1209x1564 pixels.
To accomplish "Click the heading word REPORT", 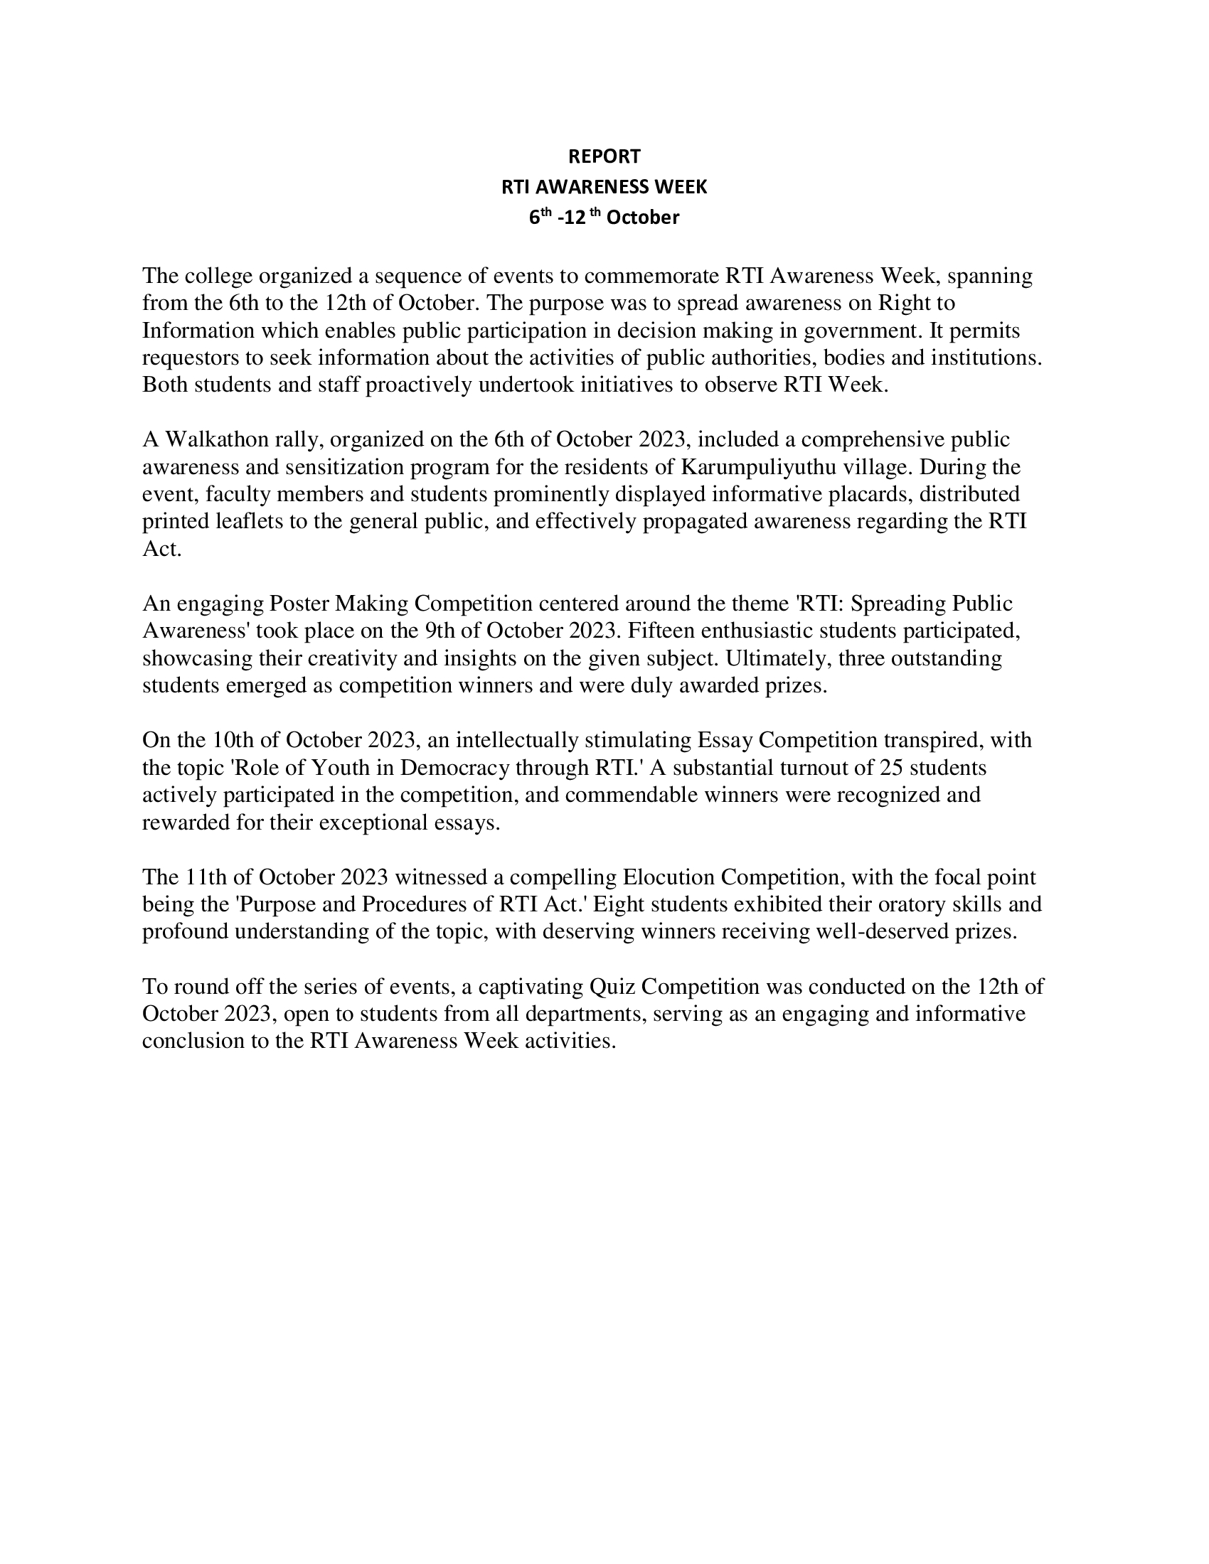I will click(604, 156).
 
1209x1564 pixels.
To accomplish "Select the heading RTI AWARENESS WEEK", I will click(604, 187).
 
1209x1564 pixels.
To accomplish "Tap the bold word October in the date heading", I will click(642, 218).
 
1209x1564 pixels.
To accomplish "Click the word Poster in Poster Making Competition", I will click(299, 604).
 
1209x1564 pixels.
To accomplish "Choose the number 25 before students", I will click(891, 768).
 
